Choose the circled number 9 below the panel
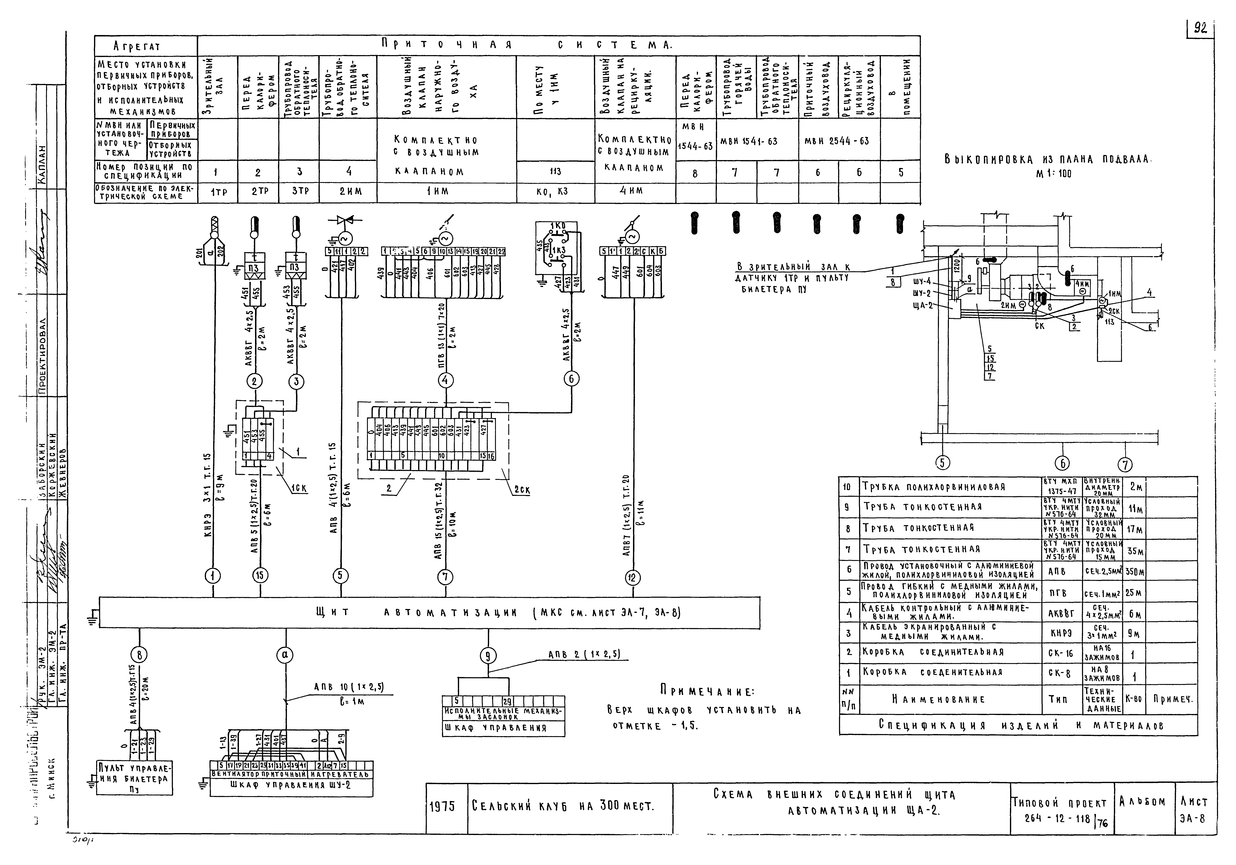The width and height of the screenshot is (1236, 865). coord(488,656)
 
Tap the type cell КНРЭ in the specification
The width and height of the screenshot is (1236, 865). coord(1061,634)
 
